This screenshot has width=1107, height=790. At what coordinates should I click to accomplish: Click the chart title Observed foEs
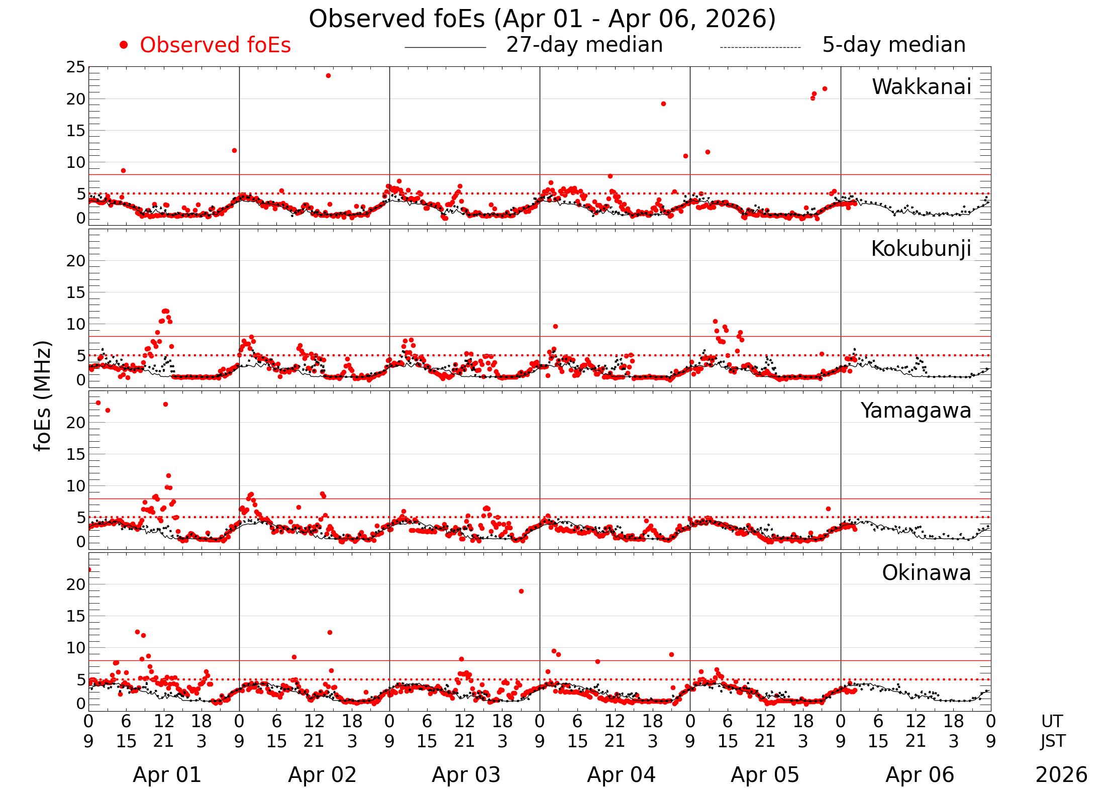pyautogui.click(x=542, y=19)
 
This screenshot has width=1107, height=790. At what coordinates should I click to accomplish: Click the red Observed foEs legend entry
pyautogui.click(x=215, y=45)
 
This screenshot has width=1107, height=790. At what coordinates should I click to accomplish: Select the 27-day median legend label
pyautogui.click(x=584, y=45)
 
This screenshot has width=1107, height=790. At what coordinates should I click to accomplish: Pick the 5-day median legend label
pyautogui.click(x=893, y=45)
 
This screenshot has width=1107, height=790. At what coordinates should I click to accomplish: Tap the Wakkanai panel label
pyautogui.click(x=921, y=87)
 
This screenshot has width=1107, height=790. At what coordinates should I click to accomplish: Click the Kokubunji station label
pyautogui.click(x=921, y=249)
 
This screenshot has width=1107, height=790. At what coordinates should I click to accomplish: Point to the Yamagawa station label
pyautogui.click(x=916, y=411)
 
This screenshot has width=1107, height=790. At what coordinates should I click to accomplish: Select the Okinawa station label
pyautogui.click(x=926, y=573)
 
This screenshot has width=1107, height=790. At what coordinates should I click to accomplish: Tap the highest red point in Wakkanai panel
pyautogui.click(x=328, y=76)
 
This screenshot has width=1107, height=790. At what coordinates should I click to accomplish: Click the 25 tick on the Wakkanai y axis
pyautogui.click(x=75, y=67)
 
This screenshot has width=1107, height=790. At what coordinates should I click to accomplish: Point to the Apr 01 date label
pyautogui.click(x=167, y=775)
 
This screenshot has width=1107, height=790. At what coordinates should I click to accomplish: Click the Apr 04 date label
pyautogui.click(x=621, y=775)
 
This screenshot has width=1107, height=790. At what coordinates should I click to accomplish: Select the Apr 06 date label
pyautogui.click(x=920, y=775)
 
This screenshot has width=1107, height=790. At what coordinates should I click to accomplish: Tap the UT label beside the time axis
pyautogui.click(x=1052, y=722)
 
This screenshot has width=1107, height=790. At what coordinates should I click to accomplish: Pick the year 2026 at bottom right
pyautogui.click(x=1061, y=775)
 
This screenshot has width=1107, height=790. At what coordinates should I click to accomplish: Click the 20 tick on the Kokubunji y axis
pyautogui.click(x=75, y=261)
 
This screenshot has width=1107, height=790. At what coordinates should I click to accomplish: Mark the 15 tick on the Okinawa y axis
pyautogui.click(x=75, y=616)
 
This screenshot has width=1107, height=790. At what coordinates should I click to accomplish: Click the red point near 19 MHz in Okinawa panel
pyautogui.click(x=521, y=591)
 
